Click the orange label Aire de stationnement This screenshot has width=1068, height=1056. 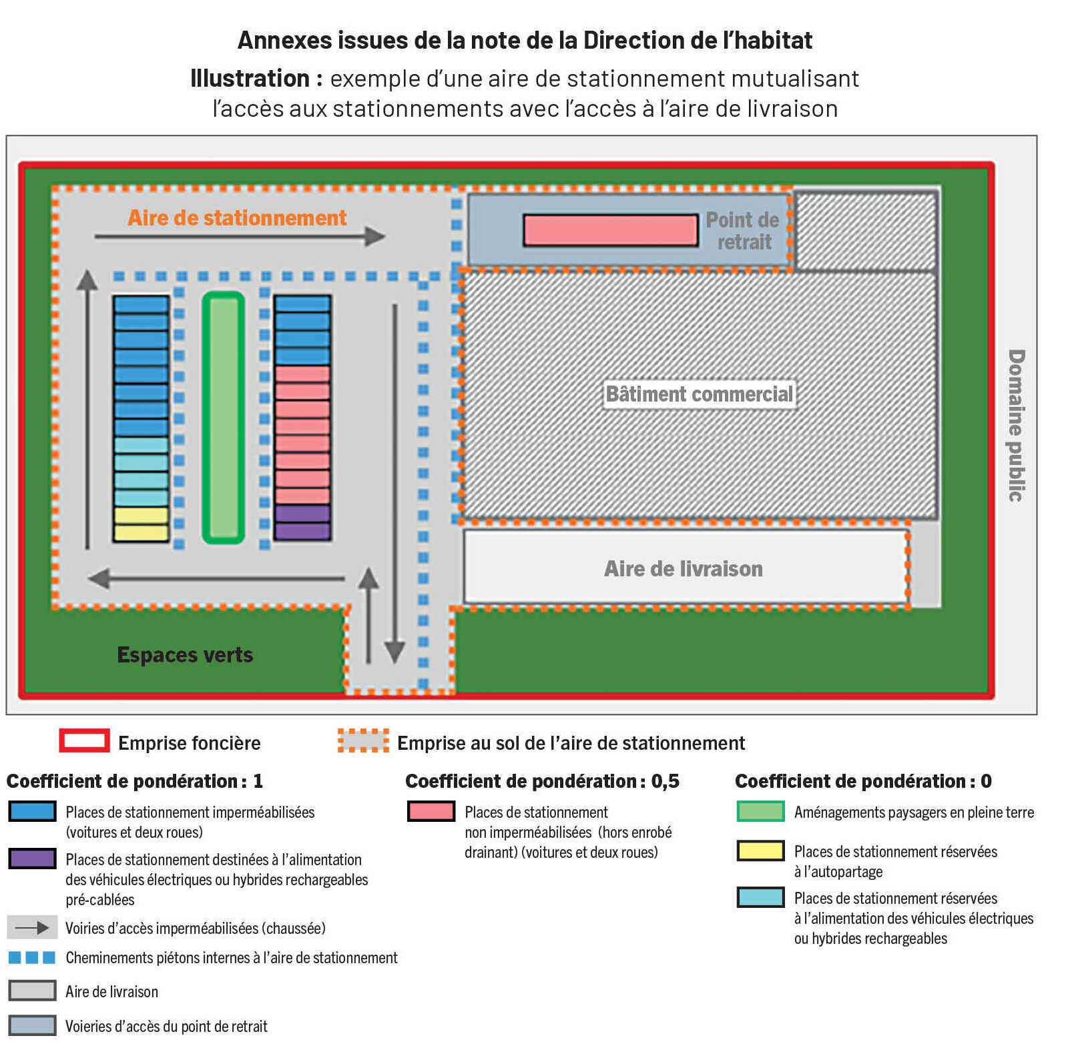(x=237, y=218)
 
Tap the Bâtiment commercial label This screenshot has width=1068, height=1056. (x=699, y=394)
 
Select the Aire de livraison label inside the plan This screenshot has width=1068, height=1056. (x=683, y=569)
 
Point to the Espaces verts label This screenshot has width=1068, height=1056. (x=185, y=655)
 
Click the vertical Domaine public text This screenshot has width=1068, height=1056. (x=1015, y=425)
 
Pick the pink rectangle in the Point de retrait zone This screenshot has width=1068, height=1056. (x=610, y=230)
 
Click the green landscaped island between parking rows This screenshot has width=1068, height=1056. (x=224, y=418)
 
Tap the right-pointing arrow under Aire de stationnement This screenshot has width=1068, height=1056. (x=240, y=236)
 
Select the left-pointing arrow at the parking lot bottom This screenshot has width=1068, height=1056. (x=216, y=578)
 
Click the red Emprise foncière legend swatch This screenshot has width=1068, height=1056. (x=84, y=741)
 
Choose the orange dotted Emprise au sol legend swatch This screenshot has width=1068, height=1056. (x=363, y=741)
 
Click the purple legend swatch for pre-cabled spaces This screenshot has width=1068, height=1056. (x=32, y=859)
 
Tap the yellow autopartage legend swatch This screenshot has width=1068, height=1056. (x=760, y=851)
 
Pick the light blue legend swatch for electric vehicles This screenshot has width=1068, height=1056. (x=760, y=898)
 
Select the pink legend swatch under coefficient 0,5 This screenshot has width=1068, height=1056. (x=431, y=811)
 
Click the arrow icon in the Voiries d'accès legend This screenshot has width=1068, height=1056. (x=32, y=927)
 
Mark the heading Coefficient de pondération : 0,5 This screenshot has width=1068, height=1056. (x=542, y=781)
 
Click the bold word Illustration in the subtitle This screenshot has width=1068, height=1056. (x=250, y=79)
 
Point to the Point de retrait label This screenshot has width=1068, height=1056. (x=743, y=231)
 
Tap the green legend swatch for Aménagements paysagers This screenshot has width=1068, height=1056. (x=760, y=811)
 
